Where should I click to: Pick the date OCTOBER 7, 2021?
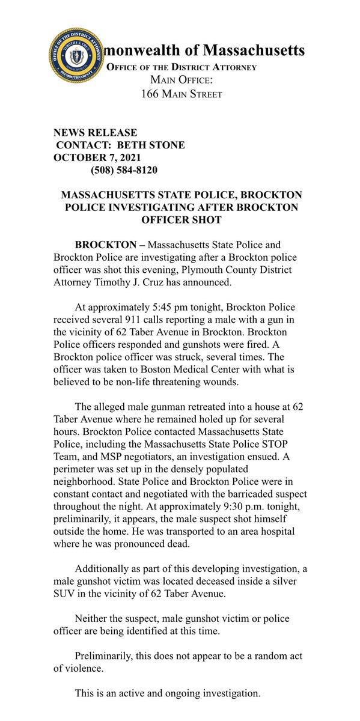96,157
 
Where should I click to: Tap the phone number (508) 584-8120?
124,170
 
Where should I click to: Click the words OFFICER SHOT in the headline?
180,221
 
